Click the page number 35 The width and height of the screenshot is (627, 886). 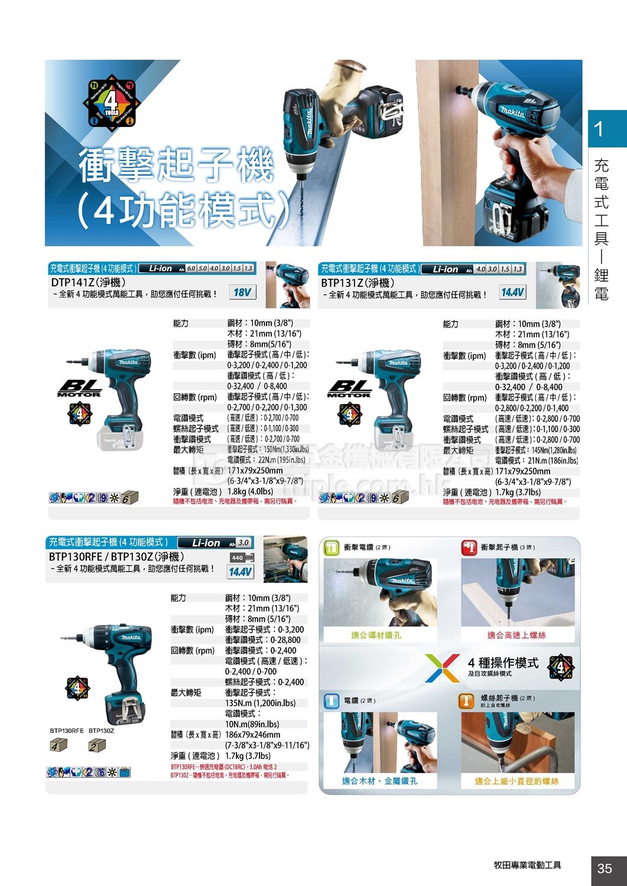click(605, 868)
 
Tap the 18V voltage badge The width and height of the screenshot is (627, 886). click(242, 292)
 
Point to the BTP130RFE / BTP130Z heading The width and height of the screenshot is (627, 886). click(116, 556)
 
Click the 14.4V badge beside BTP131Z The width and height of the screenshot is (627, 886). click(512, 292)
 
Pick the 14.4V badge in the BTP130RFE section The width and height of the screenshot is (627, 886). click(241, 571)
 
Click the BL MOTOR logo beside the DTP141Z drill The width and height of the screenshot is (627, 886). click(79, 388)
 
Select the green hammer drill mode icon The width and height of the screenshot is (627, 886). click(331, 548)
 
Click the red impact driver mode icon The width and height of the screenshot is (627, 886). click(469, 548)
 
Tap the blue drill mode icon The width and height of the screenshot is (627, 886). click(332, 701)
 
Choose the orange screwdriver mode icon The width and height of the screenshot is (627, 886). click(467, 701)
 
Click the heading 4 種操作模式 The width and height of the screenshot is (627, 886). click(503, 663)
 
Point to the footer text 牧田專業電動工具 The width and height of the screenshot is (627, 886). click(528, 865)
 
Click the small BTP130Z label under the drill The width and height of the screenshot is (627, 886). click(101, 731)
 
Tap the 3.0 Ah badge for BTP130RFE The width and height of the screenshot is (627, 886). click(243, 543)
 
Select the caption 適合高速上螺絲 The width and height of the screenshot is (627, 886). click(516, 635)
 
